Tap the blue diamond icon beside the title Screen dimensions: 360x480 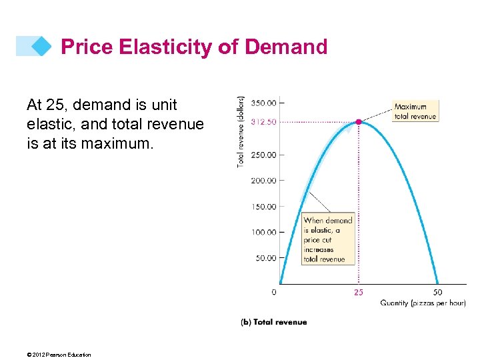41,46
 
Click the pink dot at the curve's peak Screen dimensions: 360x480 359,122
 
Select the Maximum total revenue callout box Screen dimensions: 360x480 415,111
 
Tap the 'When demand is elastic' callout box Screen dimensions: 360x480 328,239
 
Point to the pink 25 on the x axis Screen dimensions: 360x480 359,292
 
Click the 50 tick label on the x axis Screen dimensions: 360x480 437,292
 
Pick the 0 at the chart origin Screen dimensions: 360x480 275,292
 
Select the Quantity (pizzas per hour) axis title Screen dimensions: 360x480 423,303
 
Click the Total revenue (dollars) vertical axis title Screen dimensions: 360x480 241,131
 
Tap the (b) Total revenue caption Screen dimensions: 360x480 274,322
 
